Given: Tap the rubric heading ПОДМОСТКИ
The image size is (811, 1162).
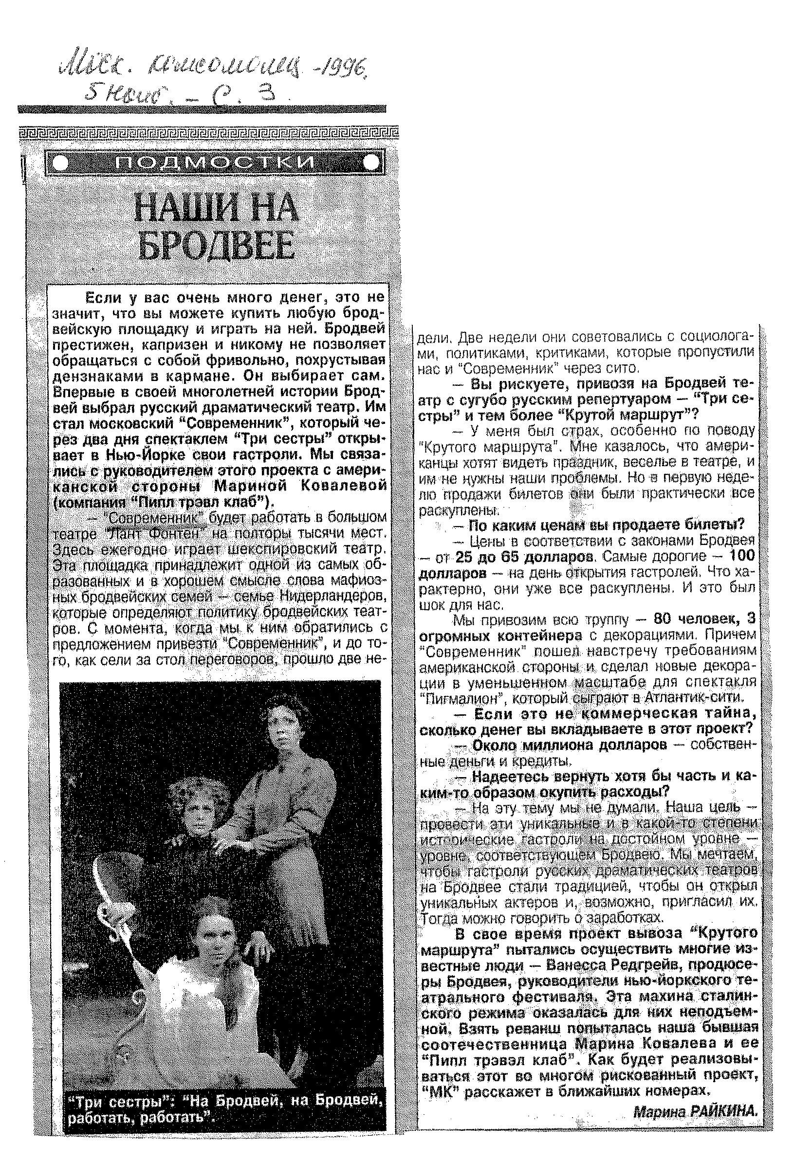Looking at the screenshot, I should [x=215, y=163].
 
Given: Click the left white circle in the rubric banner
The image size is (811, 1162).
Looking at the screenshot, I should [x=60, y=163].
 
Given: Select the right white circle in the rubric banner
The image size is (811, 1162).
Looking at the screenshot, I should [x=371, y=163].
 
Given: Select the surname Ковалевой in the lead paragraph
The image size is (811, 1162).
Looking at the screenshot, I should [x=344, y=485].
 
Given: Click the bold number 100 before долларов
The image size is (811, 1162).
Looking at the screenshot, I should [x=742, y=556].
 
